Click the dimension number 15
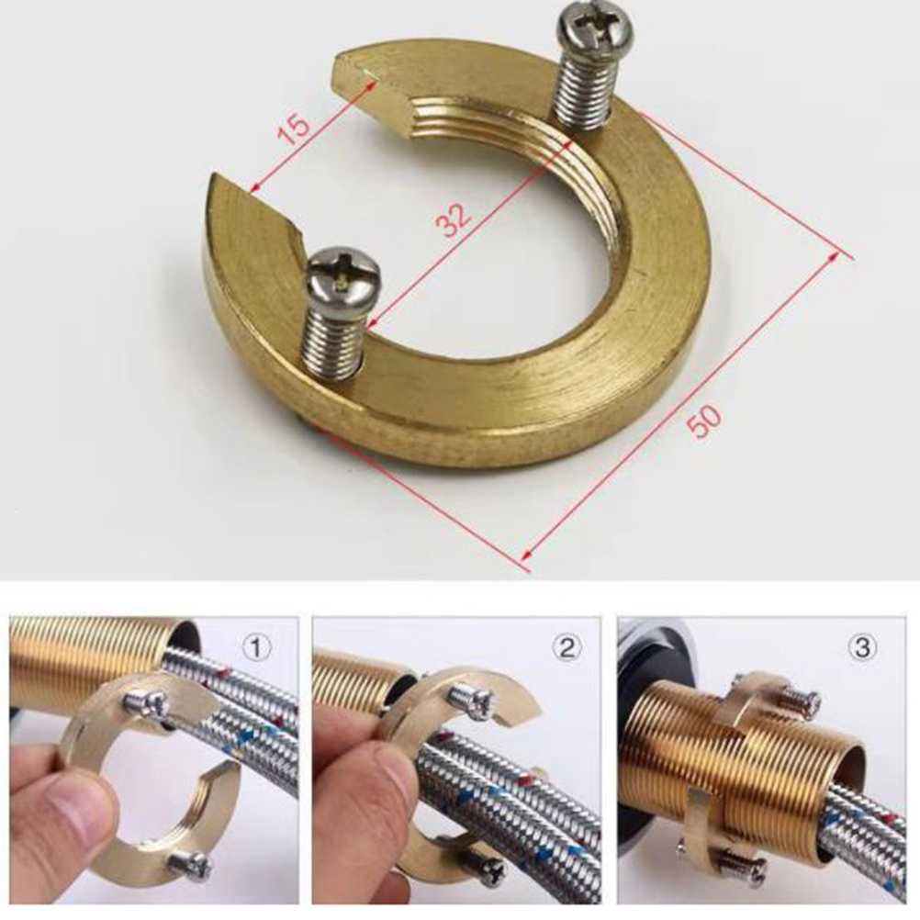coord(293,129)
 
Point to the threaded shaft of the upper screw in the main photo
coord(584,87)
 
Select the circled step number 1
coord(256,647)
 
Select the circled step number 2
coord(567,647)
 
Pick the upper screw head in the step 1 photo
coord(147,703)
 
